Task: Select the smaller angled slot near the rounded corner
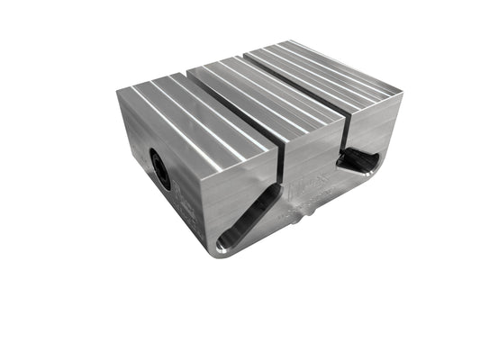click(359, 161)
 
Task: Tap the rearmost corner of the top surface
click(288, 41)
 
